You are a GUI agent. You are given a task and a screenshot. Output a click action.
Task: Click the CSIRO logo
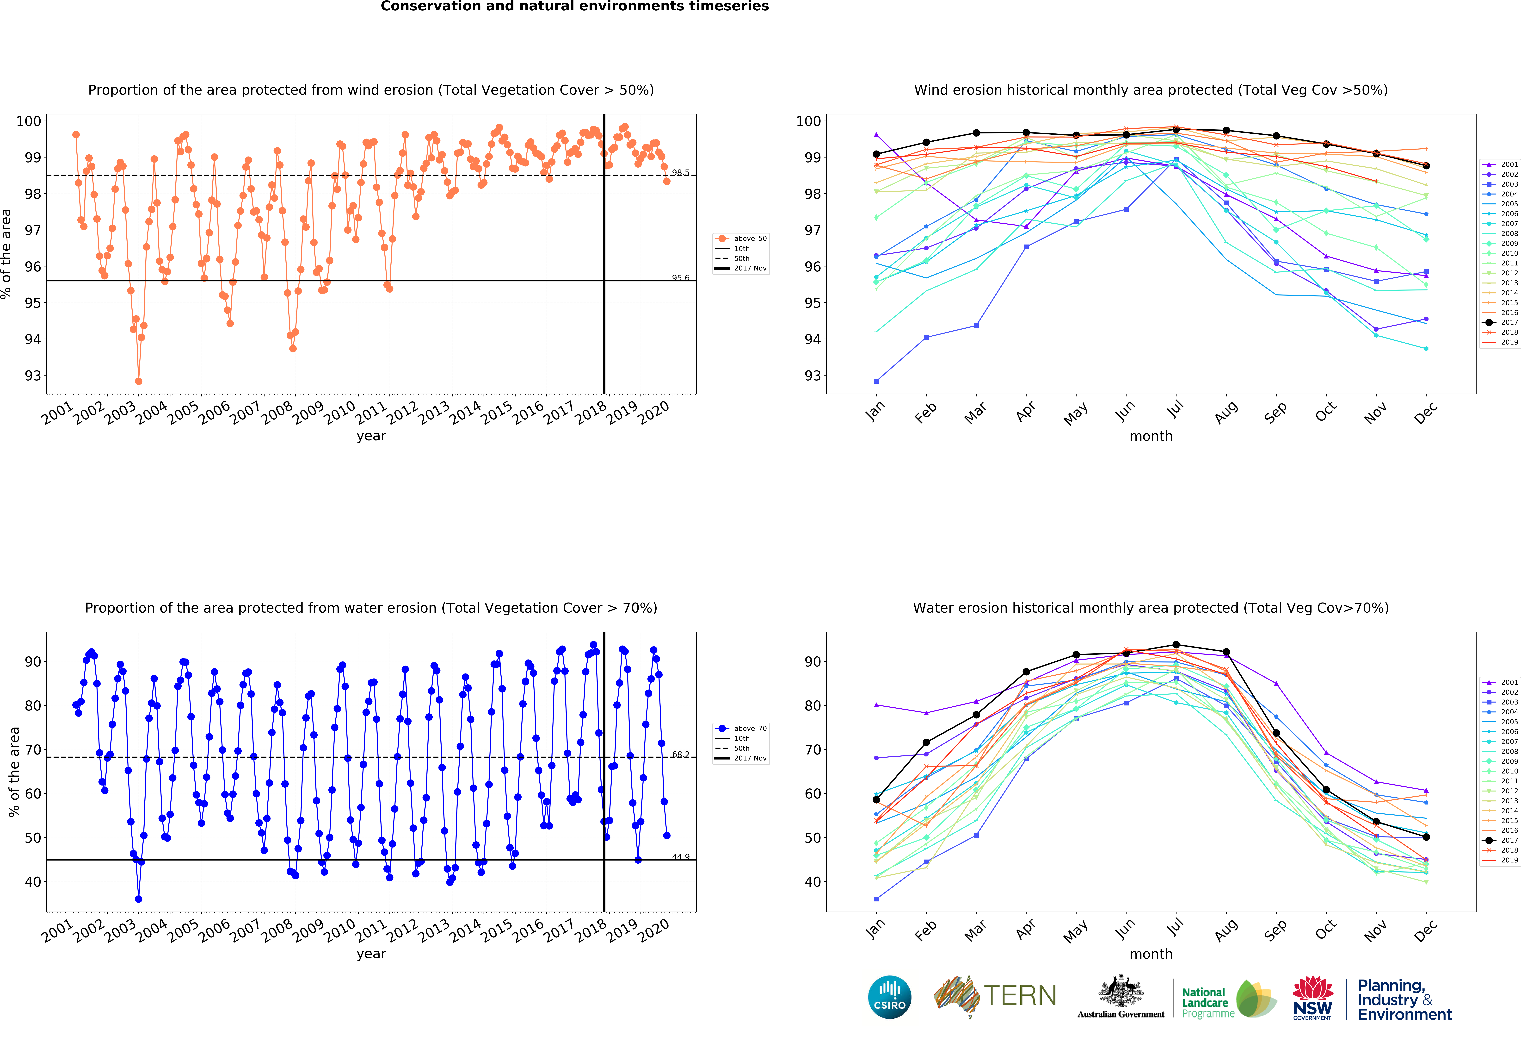(x=889, y=997)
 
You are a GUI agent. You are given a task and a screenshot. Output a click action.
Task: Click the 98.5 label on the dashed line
(x=680, y=173)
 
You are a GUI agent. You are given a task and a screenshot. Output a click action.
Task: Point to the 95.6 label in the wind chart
(x=680, y=278)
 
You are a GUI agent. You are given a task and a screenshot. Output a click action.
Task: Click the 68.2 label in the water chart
(x=680, y=755)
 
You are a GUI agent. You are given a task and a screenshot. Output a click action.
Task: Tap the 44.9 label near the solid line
(x=680, y=857)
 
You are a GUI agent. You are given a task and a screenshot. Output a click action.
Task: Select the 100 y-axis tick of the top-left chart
(x=29, y=121)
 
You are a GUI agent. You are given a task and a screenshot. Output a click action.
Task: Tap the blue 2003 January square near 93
(x=876, y=381)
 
